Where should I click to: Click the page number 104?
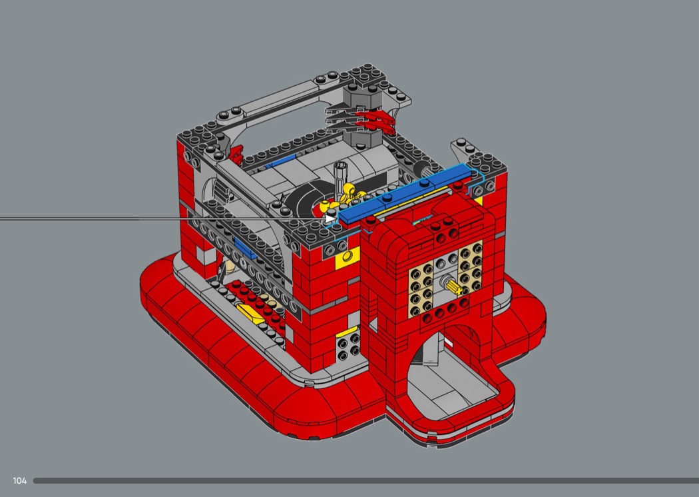[x=19, y=480]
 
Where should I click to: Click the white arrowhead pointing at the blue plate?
[x=332, y=219]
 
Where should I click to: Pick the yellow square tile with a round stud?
[x=348, y=258]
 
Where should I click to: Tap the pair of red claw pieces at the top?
[x=373, y=122]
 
